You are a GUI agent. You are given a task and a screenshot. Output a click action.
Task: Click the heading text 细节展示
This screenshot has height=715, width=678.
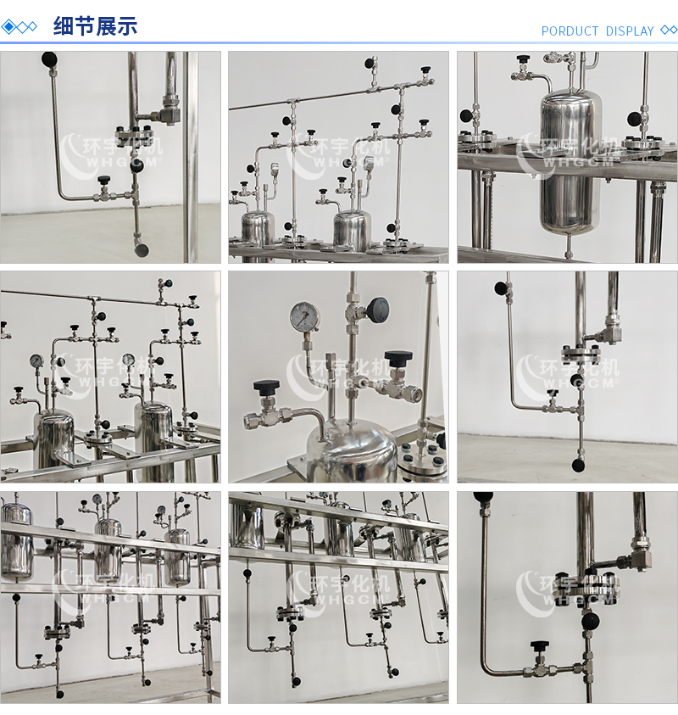click(95, 26)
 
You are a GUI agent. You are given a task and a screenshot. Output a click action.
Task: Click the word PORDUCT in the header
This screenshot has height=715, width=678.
click(570, 31)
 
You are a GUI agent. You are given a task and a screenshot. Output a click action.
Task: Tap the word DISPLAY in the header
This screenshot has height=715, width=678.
click(630, 31)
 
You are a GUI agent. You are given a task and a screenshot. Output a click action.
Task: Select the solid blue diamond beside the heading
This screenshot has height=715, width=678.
click(8, 27)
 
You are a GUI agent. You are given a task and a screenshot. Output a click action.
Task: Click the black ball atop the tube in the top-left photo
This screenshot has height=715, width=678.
click(49, 59)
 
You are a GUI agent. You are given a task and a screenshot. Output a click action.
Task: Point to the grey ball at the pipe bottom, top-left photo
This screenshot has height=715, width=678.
click(142, 250)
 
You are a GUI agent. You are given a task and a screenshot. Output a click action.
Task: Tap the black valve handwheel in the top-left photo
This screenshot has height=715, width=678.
click(104, 178)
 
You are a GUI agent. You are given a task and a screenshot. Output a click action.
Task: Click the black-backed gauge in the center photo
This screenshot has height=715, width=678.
click(378, 310)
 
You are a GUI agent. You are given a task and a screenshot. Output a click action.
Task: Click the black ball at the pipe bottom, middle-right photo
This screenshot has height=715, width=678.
click(578, 465)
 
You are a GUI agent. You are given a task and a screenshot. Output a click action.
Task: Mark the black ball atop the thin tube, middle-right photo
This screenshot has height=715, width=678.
click(501, 288)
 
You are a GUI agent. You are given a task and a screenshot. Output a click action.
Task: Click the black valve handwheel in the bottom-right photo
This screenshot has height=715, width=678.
click(540, 645)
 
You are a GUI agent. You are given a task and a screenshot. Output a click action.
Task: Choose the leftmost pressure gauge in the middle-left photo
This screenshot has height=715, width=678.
click(36, 361)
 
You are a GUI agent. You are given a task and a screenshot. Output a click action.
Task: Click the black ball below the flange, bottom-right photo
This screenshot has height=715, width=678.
click(590, 621)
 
